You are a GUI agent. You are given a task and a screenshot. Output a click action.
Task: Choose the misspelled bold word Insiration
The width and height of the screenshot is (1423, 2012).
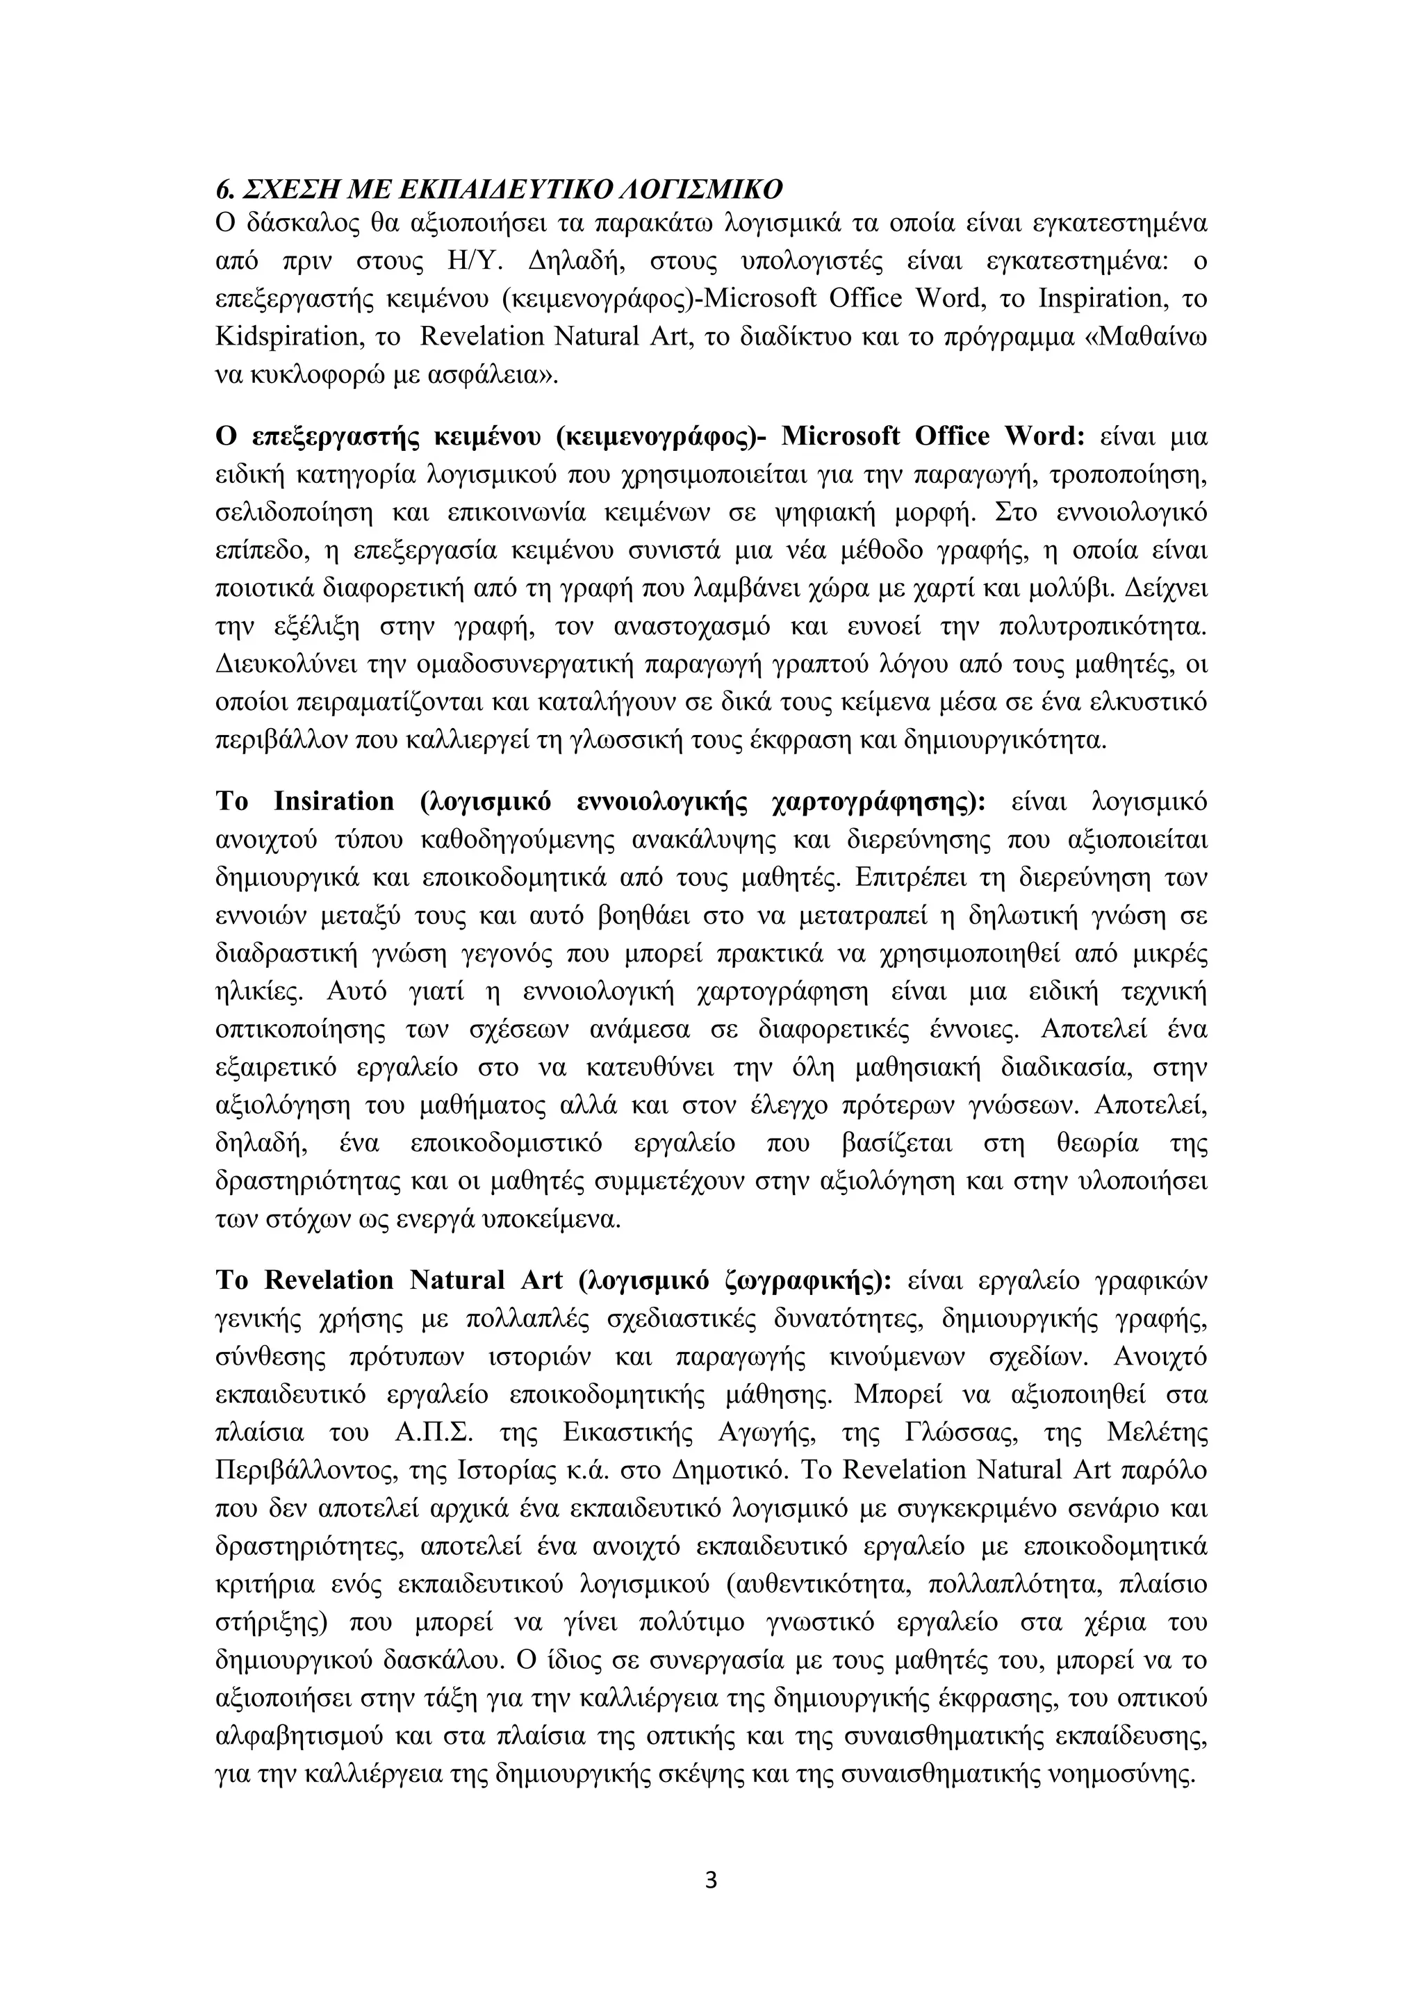click(x=335, y=802)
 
